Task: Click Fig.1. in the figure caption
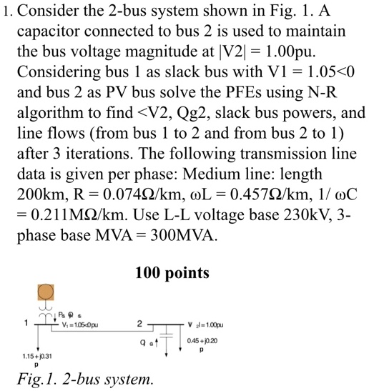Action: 35,379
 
